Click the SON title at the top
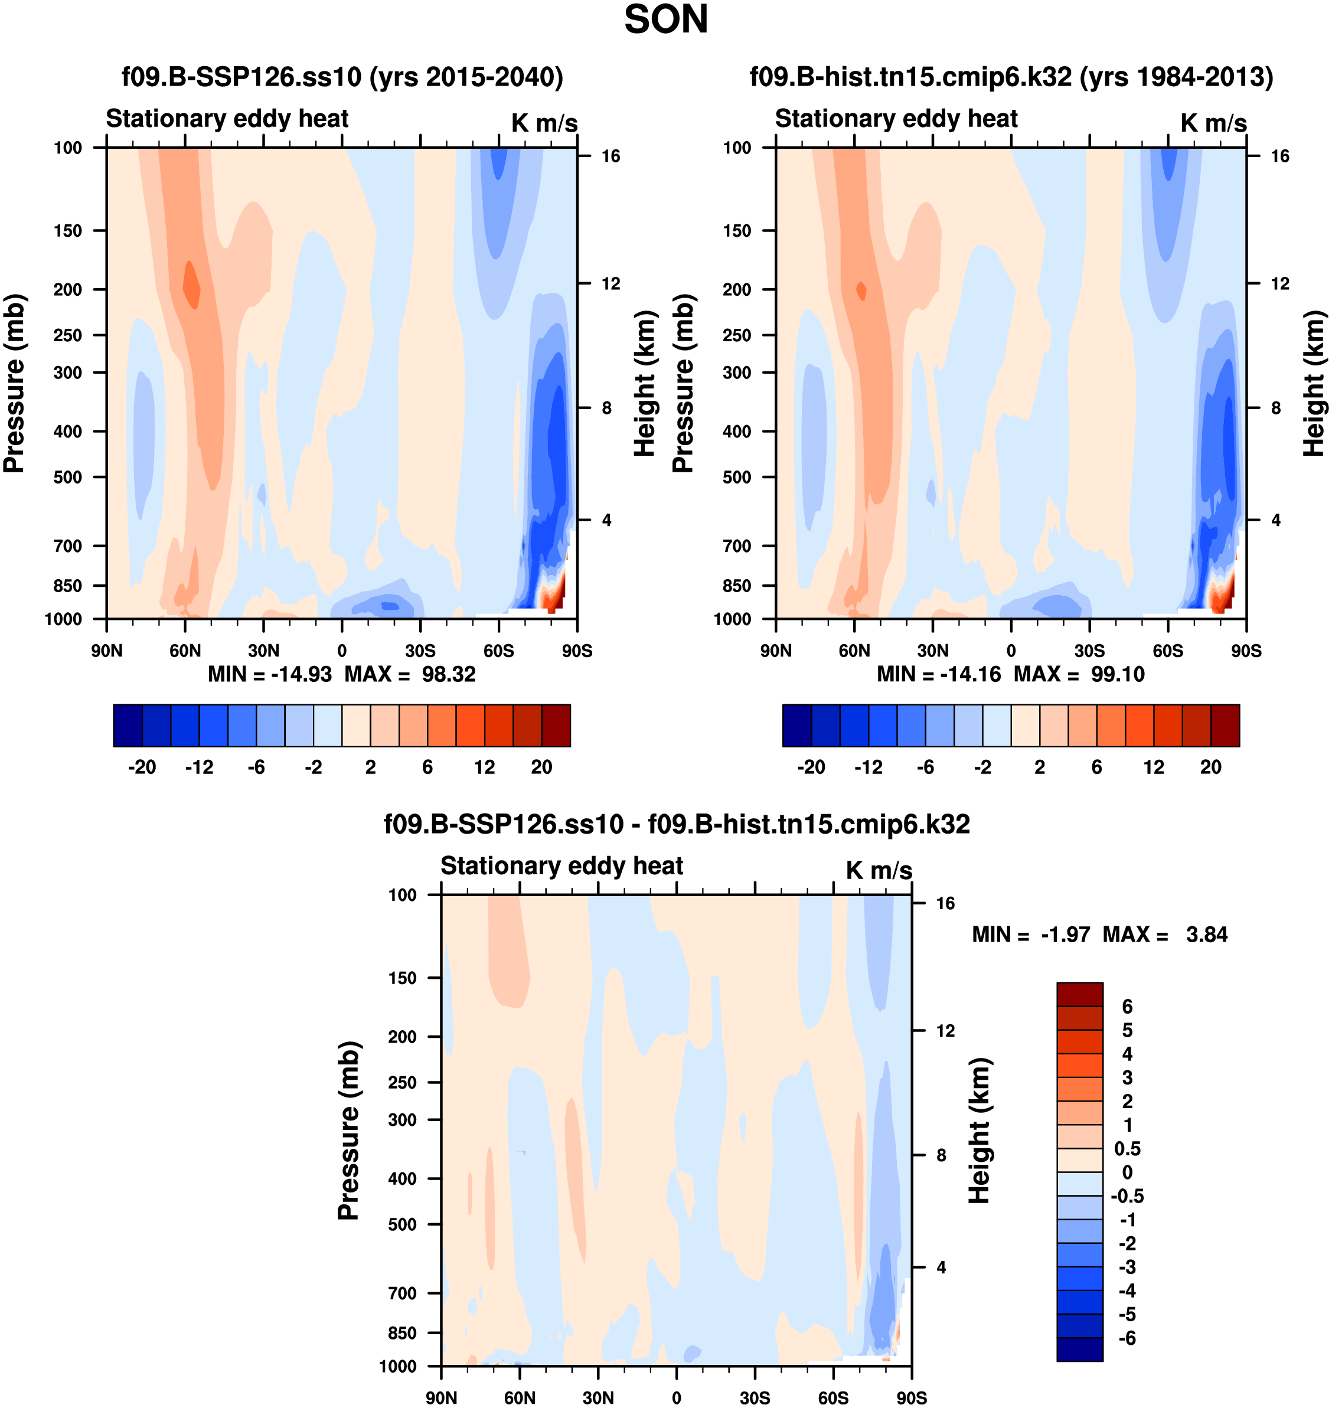[665, 20]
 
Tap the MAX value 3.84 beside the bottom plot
[1206, 935]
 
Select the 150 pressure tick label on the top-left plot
[67, 231]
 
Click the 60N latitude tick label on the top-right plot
[854, 651]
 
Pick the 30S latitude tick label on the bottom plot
[755, 1398]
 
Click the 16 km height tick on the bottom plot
[945, 903]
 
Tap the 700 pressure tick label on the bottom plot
[402, 1293]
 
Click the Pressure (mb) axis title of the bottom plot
[348, 1131]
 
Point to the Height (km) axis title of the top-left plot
[644, 383]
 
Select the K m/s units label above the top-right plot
[1213, 123]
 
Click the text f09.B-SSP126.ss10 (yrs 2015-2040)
[342, 77]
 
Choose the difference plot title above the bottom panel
[677, 824]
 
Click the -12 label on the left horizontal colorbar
[199, 767]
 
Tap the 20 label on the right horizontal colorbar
[1210, 767]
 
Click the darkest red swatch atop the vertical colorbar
[1079, 994]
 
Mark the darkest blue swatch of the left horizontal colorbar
[128, 726]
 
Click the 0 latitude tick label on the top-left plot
[342, 651]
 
